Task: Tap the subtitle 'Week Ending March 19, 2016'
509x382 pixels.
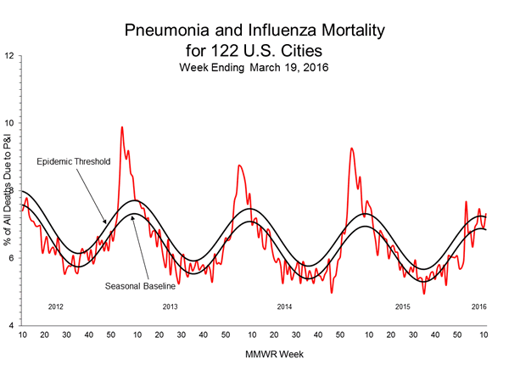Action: tap(255, 68)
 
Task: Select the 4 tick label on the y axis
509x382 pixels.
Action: tap(10, 326)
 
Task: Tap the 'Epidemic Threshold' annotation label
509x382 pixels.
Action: tap(74, 160)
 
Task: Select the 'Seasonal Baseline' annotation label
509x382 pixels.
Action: tap(140, 285)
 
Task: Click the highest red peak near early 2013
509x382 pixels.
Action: tap(121, 127)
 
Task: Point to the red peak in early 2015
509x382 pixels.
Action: tap(351, 149)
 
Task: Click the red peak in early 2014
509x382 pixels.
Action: tap(239, 166)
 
